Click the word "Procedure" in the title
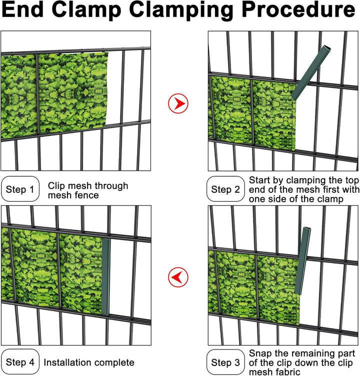298,9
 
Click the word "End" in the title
23,9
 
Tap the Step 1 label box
20,189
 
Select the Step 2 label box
225,189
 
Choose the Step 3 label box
225,362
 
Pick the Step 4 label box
20,362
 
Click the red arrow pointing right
178,103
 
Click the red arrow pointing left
178,277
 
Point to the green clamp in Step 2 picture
311,72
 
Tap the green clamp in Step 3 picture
303,261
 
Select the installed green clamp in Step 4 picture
105,277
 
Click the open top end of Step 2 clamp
327,48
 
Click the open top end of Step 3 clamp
307,229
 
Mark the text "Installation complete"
89,363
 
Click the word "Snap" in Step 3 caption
260,354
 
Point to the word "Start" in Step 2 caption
260,180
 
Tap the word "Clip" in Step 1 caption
56,186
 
